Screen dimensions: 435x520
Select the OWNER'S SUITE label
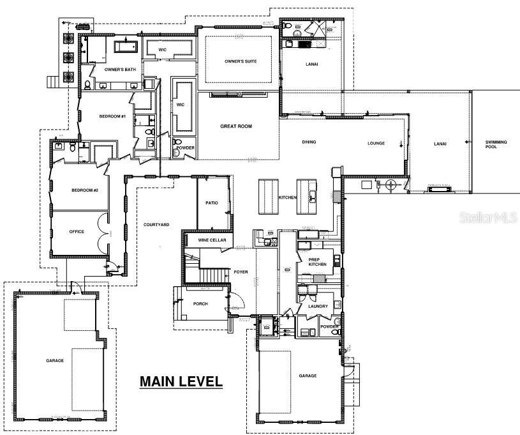pyautogui.click(x=240, y=62)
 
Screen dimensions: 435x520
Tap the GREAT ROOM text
pyautogui.click(x=236, y=126)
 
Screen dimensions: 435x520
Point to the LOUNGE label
pyautogui.click(x=376, y=143)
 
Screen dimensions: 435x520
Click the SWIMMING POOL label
pyautogui.click(x=496, y=143)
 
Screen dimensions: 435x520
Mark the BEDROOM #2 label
pyautogui.click(x=84, y=190)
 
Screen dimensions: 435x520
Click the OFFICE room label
pyautogui.click(x=77, y=231)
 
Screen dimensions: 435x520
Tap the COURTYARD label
pyautogui.click(x=156, y=224)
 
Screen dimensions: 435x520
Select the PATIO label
pyautogui.click(x=212, y=203)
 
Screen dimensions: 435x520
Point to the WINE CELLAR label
pyautogui.click(x=212, y=240)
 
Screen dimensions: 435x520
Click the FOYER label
pyautogui.click(x=241, y=272)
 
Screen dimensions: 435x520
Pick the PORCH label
pyautogui.click(x=200, y=303)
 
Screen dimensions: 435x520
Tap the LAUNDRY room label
pyautogui.click(x=318, y=306)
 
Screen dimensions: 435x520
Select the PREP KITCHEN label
pyautogui.click(x=318, y=261)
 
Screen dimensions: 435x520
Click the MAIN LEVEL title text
pyautogui.click(x=181, y=382)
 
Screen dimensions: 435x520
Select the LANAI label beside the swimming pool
pyautogui.click(x=440, y=144)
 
